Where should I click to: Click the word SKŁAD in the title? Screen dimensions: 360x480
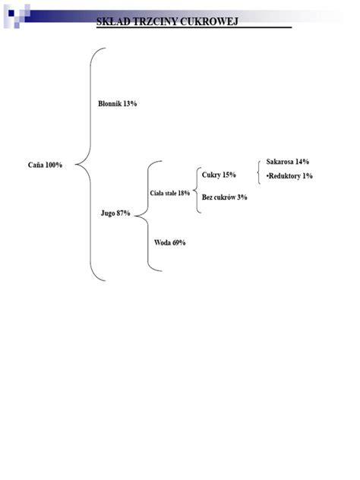[x=113, y=21]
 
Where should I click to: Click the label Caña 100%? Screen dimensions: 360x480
[x=45, y=165]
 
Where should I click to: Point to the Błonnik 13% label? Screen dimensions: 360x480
[x=117, y=104]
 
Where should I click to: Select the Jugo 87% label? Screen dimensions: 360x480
[x=115, y=213]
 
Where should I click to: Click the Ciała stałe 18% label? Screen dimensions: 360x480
[x=170, y=193]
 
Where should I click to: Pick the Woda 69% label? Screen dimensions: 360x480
[x=170, y=243]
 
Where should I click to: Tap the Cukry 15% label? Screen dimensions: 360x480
[x=219, y=175]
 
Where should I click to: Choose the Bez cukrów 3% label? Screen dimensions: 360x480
[x=224, y=197]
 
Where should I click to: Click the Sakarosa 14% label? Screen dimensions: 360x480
[x=287, y=162]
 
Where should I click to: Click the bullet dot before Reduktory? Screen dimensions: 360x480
[x=267, y=176]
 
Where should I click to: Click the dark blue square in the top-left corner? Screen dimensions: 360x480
[x=11, y=13]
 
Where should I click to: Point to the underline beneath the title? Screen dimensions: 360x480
[x=194, y=27]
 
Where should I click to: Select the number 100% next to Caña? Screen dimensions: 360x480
[x=54, y=165]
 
